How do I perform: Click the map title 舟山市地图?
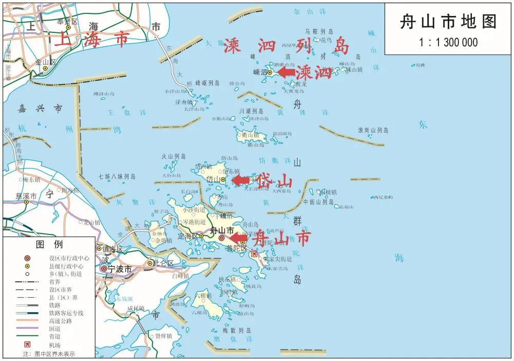448,22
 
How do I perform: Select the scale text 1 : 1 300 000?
448,43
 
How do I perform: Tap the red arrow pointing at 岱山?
240,180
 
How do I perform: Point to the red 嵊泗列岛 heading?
286,47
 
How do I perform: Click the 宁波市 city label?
119,269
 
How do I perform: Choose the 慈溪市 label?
26,196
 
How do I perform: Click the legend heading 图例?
49,244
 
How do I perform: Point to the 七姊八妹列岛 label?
117,177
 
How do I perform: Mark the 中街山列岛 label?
319,202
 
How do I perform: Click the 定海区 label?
187,237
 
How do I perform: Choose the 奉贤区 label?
67,22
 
